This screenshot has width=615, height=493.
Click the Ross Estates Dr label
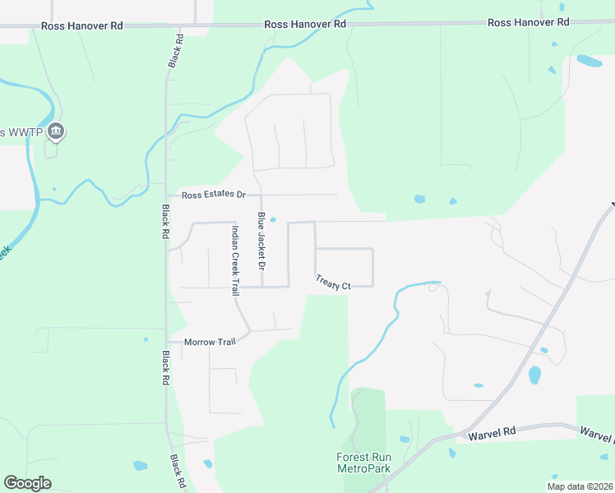(x=214, y=195)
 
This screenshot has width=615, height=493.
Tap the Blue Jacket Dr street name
(x=261, y=242)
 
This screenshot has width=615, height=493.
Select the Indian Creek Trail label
(x=235, y=260)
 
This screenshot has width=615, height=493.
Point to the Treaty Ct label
(x=333, y=282)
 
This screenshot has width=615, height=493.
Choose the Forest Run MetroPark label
(x=363, y=463)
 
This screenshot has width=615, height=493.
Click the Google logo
(x=27, y=483)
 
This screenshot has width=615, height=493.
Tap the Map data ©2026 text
(x=580, y=486)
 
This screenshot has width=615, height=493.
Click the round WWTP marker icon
(x=57, y=130)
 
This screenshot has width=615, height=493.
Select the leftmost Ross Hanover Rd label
(x=82, y=26)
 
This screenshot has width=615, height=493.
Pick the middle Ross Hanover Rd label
(x=305, y=25)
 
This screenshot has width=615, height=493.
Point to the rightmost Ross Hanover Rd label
(x=529, y=23)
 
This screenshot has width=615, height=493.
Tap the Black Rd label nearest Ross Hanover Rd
(x=175, y=51)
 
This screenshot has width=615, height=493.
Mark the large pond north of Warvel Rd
(x=535, y=376)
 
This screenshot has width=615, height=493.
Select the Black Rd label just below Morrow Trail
(x=165, y=369)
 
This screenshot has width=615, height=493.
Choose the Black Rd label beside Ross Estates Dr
(x=165, y=222)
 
